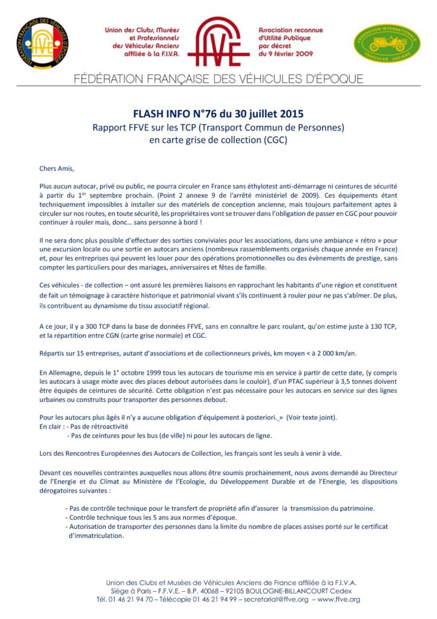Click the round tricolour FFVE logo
pyautogui.click(x=42, y=42)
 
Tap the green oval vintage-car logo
pyautogui.click(x=386, y=44)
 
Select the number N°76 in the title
pyautogui.click(x=212, y=113)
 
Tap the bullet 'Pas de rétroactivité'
pyautogui.click(x=100, y=427)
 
